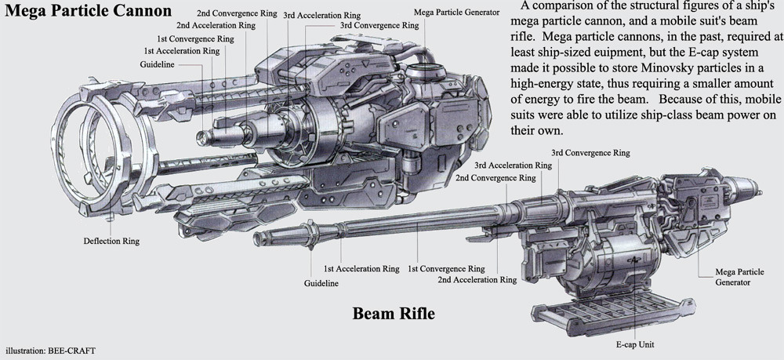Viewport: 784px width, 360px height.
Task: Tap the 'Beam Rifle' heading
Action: click(x=394, y=315)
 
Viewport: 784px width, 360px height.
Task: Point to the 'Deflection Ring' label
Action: click(x=111, y=241)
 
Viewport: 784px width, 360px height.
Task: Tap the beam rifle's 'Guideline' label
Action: click(x=321, y=282)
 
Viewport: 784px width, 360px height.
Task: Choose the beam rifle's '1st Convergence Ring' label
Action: click(x=447, y=268)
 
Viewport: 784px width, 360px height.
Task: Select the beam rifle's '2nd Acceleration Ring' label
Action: click(x=477, y=280)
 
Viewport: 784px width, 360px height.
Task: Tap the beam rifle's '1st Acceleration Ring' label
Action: click(x=361, y=268)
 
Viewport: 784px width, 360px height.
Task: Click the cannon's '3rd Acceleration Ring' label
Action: click(x=321, y=15)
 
